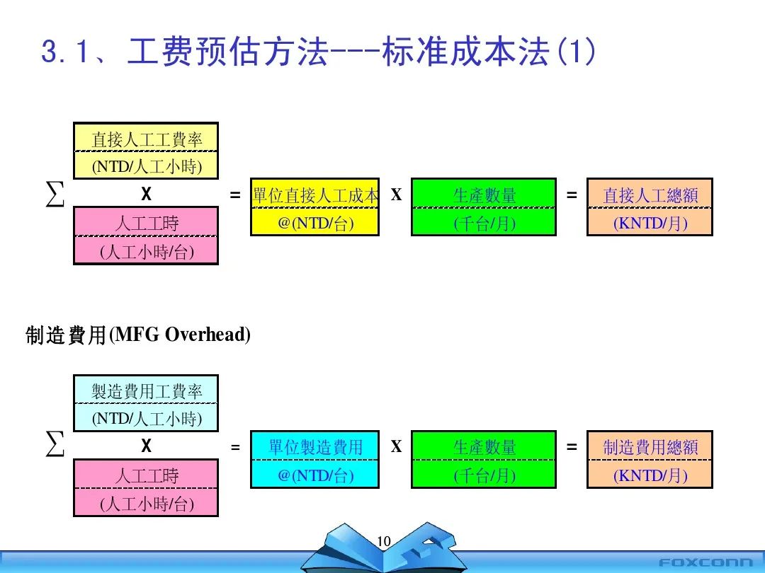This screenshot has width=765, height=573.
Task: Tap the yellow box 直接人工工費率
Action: [146, 151]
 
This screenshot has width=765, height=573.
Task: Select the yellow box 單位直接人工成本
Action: [315, 207]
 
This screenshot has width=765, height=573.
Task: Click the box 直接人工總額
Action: [650, 207]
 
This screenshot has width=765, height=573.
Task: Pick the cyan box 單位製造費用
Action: [315, 459]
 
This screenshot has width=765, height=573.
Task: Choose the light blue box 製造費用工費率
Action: [146, 403]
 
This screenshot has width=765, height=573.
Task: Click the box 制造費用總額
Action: [650, 459]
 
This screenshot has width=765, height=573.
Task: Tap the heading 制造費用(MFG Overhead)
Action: [138, 335]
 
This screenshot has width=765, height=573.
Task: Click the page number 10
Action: [384, 542]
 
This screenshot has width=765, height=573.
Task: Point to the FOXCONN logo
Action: [705, 563]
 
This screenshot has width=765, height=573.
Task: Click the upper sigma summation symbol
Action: [55, 194]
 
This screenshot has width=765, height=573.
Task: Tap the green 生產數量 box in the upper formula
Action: [484, 207]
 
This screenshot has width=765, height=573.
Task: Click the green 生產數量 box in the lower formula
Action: [484, 459]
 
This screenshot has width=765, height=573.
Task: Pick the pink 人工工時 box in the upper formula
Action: [146, 236]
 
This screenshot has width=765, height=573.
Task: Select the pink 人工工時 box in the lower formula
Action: [146, 488]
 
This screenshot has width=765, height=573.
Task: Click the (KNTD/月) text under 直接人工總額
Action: [650, 224]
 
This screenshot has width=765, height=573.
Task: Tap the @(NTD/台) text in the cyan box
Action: [315, 475]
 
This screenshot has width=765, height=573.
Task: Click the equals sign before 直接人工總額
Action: [572, 195]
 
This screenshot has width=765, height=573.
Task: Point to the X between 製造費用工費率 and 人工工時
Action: [146, 446]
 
